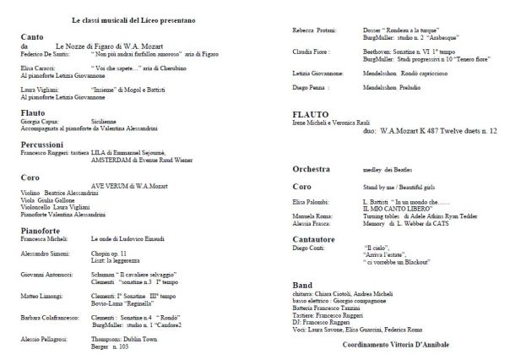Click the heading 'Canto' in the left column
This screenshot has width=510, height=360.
(31, 37)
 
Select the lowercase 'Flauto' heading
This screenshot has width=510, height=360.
(33, 111)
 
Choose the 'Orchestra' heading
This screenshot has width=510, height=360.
(315, 171)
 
